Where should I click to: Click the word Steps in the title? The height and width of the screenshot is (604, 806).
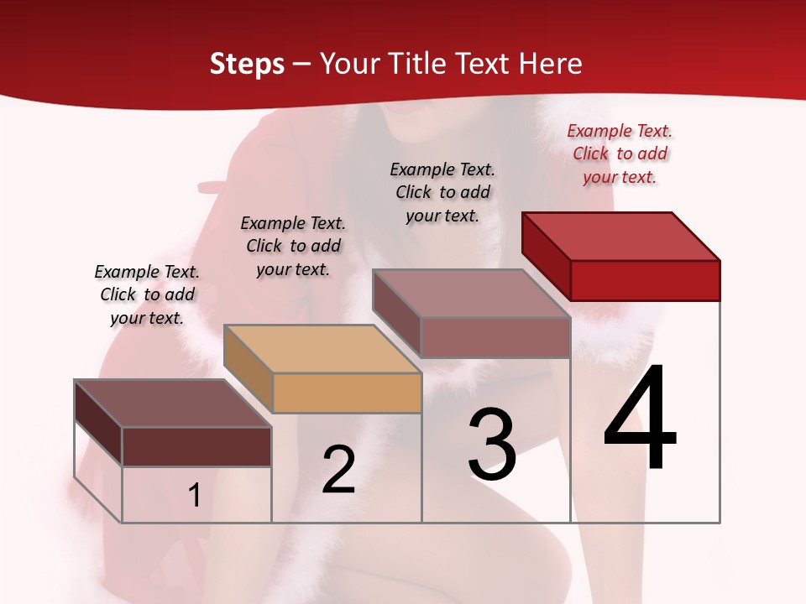247,64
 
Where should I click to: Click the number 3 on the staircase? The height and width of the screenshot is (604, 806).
492,445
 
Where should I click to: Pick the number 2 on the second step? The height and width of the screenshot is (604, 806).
338,470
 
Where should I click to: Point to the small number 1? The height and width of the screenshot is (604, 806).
195,495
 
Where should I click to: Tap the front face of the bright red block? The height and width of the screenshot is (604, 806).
645,280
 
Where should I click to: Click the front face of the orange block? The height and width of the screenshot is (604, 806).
347,393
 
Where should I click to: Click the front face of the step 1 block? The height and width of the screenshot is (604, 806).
196,446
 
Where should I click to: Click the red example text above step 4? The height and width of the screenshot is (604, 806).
620,154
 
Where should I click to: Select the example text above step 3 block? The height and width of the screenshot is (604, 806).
442,192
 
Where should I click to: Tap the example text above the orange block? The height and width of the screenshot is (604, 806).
293,246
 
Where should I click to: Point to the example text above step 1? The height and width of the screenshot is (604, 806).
147,294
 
